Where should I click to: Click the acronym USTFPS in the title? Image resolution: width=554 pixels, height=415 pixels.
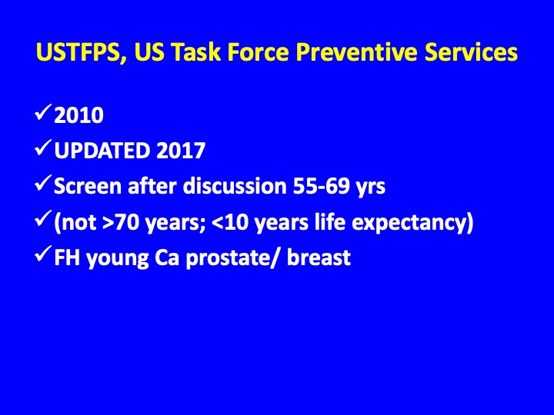(78, 52)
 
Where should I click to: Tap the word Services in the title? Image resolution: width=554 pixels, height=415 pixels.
(471, 52)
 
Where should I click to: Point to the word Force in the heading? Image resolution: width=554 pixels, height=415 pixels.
(258, 52)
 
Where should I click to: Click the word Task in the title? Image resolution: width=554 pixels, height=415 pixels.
(195, 52)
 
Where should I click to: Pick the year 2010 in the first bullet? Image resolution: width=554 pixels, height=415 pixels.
(78, 115)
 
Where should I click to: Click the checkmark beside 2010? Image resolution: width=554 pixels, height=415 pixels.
(43, 112)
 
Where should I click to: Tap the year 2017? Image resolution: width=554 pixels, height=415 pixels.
(181, 151)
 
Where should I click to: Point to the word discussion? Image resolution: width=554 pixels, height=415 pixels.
(234, 186)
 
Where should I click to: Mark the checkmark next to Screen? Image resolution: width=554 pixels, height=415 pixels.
(43, 183)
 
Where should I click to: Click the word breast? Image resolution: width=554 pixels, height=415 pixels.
(319, 257)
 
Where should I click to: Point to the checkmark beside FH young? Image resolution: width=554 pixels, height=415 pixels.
(43, 254)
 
